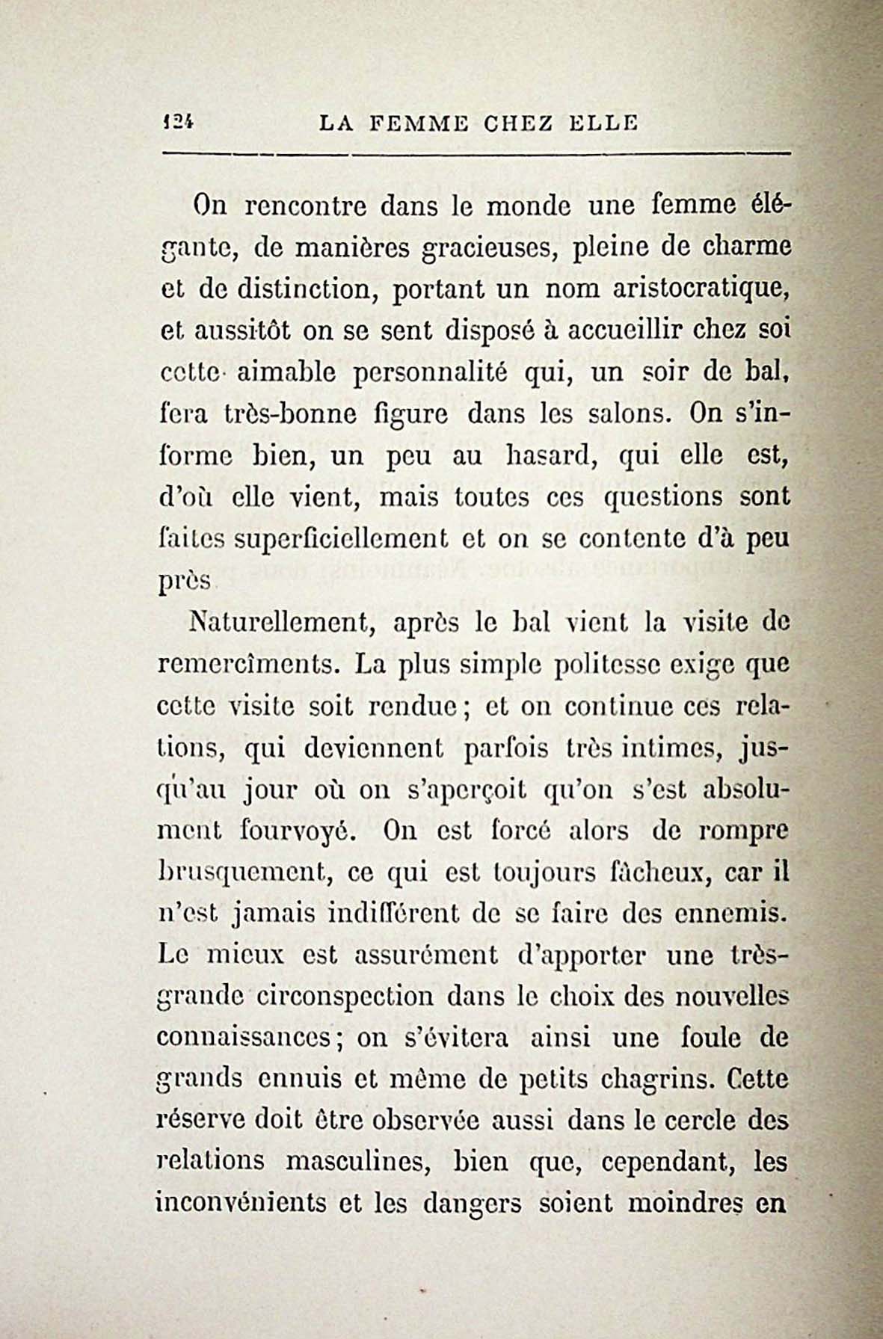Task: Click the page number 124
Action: point(177,123)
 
